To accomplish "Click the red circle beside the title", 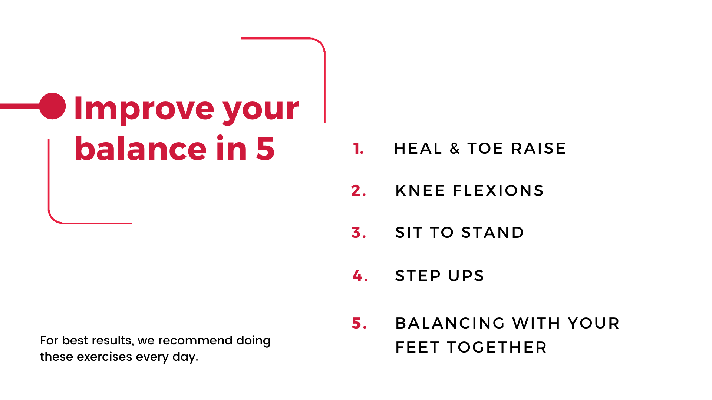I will pyautogui.click(x=53, y=106).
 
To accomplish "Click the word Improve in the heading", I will pyautogui.click(x=144, y=109).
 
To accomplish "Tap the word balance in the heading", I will pyautogui.click(x=140, y=149).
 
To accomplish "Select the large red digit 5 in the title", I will pyautogui.click(x=265, y=149).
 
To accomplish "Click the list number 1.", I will pyautogui.click(x=358, y=149).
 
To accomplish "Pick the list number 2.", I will pyautogui.click(x=358, y=191).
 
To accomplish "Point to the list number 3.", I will pyautogui.click(x=359, y=233).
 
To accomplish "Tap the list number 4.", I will pyautogui.click(x=360, y=276).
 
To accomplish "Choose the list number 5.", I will pyautogui.click(x=359, y=323).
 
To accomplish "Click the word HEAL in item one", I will pyautogui.click(x=418, y=149).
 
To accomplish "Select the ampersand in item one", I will pyautogui.click(x=455, y=149).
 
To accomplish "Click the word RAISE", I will pyautogui.click(x=538, y=149).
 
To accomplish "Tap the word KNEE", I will pyautogui.click(x=420, y=191).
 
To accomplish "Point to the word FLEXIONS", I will pyautogui.click(x=498, y=191).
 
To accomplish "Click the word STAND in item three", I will pyautogui.click(x=492, y=233).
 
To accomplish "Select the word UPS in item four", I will pyautogui.click(x=466, y=276).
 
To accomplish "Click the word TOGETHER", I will pyautogui.click(x=497, y=347).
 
